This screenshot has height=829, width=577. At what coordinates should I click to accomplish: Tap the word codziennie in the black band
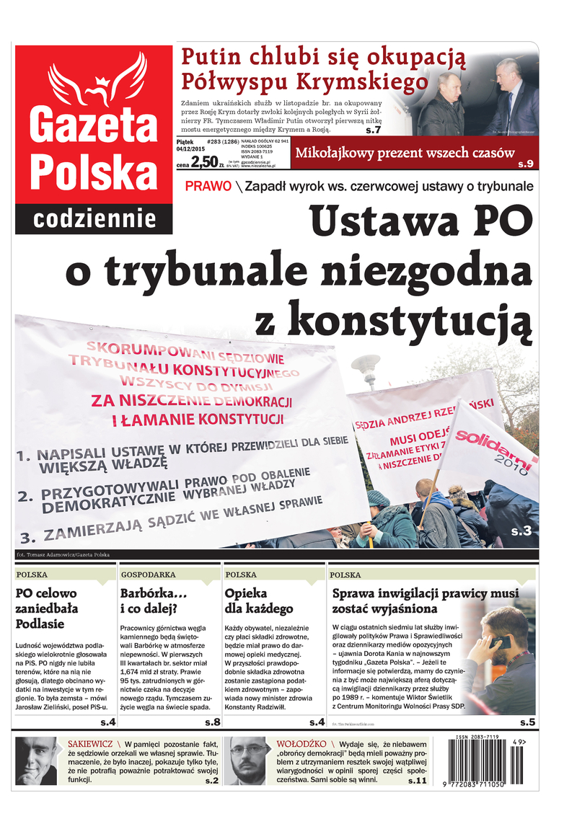point(94,218)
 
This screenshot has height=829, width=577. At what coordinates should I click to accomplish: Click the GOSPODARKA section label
point(149,575)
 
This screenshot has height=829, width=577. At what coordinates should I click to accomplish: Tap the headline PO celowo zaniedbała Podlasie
point(47,608)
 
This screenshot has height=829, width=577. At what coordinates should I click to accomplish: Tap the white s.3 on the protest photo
point(521,531)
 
